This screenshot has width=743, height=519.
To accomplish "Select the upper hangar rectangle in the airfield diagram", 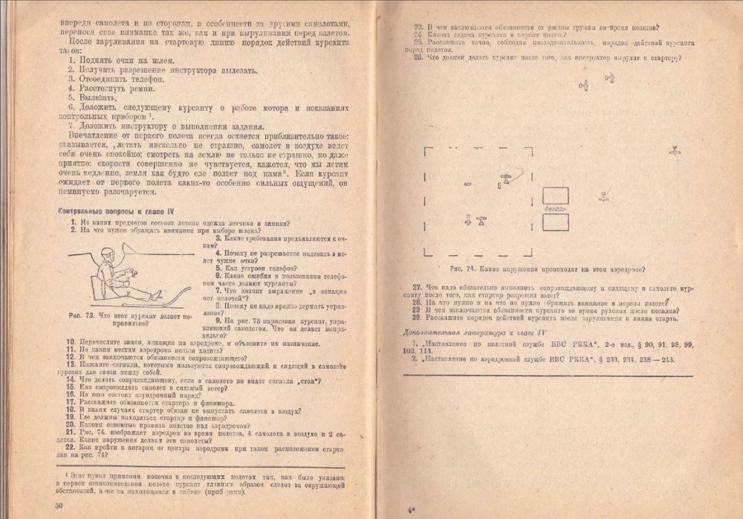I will pos(556,196).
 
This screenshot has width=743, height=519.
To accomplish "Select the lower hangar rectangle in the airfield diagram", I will pos(556,225).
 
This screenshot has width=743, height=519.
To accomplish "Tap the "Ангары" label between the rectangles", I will pos(555,210).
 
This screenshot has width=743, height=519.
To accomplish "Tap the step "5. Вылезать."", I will pos(92,97).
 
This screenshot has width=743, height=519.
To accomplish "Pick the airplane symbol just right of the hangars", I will pos(604,197).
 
